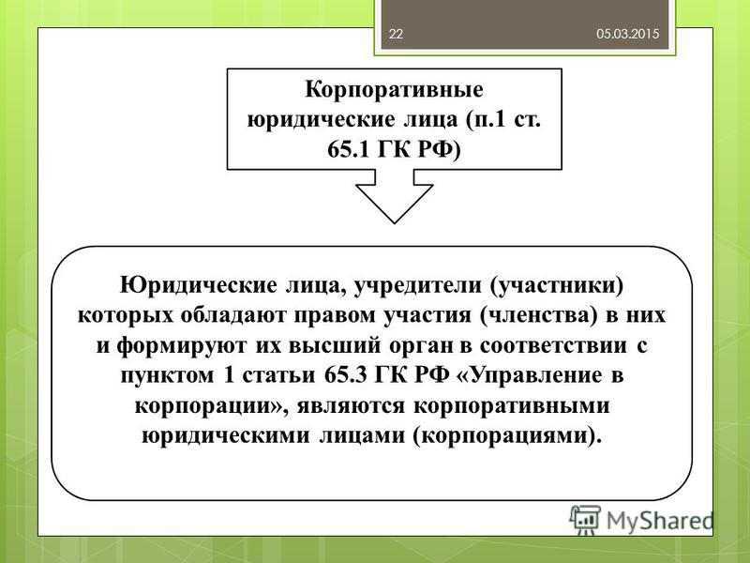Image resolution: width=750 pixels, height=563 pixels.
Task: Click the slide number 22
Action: (396, 34)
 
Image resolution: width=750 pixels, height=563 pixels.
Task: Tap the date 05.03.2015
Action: (627, 34)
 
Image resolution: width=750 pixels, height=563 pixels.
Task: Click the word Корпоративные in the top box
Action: (394, 90)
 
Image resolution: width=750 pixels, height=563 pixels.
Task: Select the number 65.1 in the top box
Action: (349, 150)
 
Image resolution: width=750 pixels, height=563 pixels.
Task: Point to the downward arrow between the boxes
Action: (395, 196)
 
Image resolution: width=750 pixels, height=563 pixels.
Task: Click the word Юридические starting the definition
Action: (199, 286)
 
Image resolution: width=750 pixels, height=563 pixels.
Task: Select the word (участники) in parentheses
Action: (557, 286)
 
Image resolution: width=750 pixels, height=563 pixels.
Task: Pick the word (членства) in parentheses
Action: (538, 316)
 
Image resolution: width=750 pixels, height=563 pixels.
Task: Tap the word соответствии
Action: (553, 346)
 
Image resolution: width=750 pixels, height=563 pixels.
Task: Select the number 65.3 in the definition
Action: (346, 375)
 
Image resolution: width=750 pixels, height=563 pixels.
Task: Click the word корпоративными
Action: (512, 406)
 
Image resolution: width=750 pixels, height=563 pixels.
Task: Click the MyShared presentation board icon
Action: (585, 520)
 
